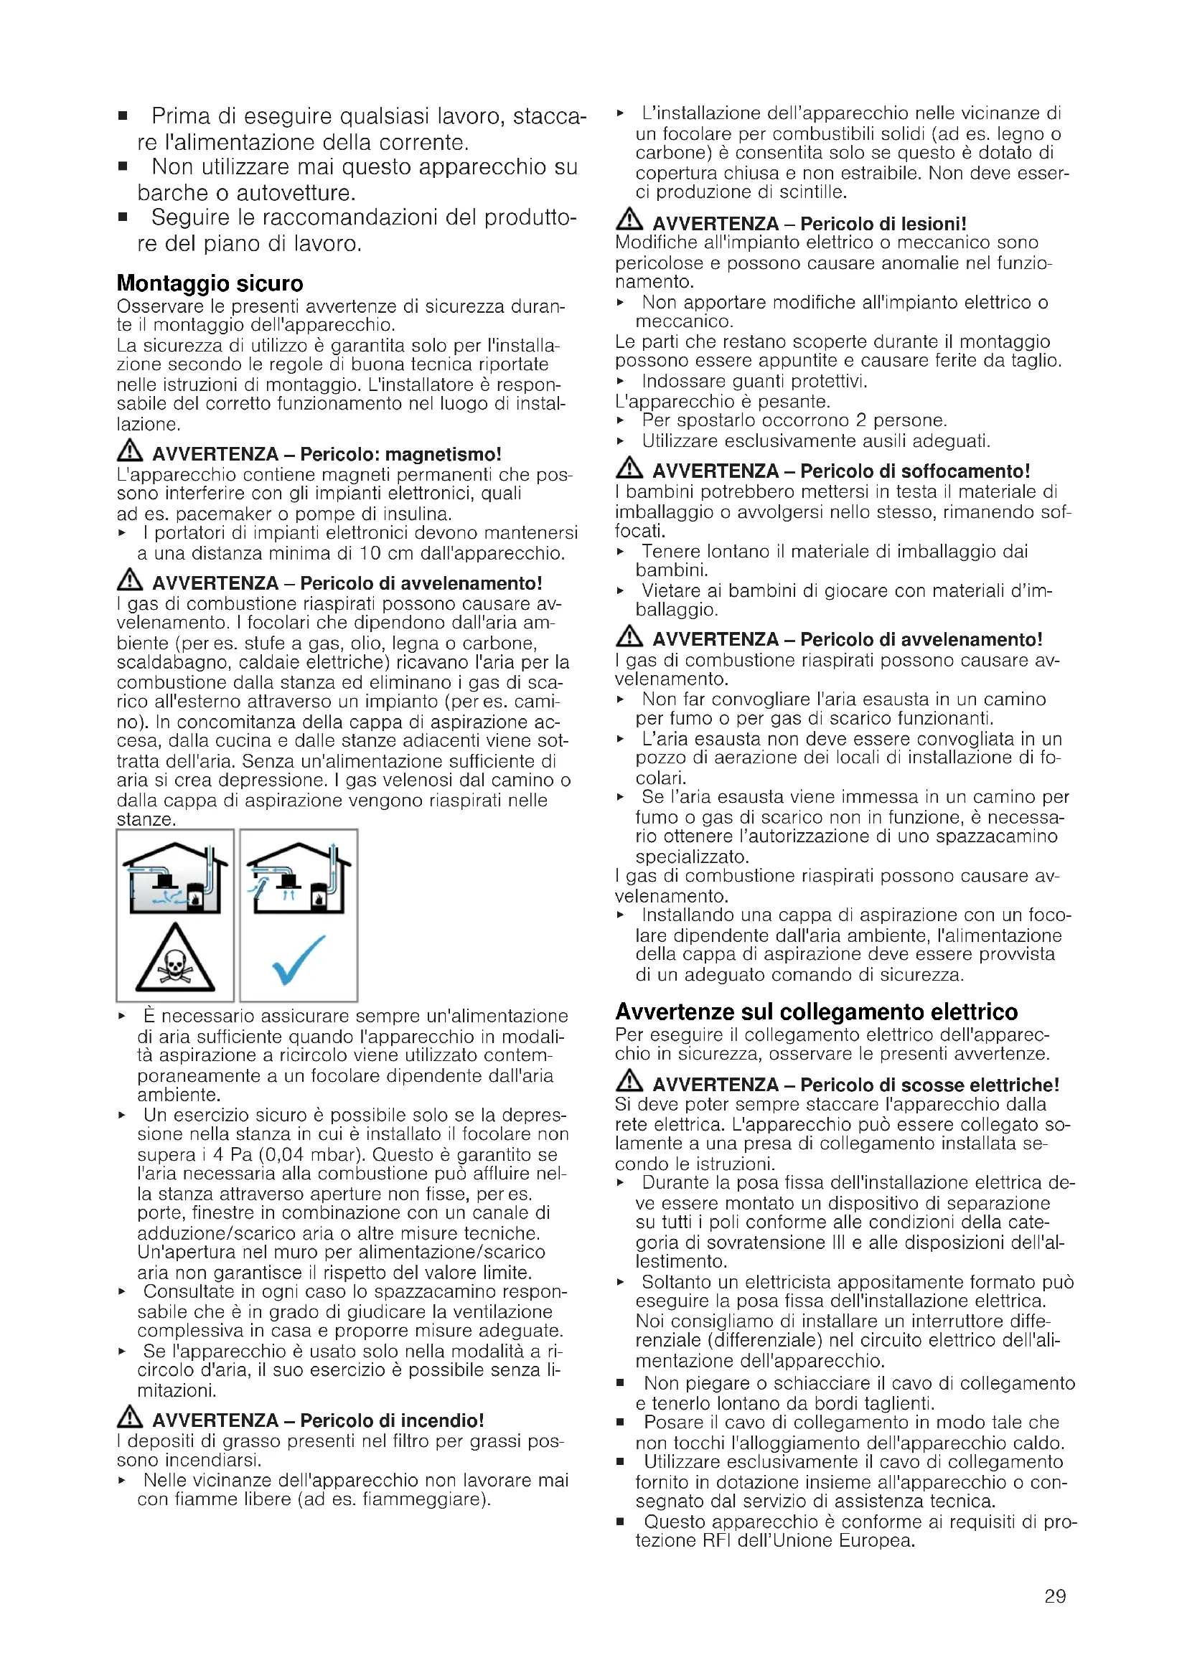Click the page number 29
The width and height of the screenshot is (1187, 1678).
pyautogui.click(x=1055, y=1596)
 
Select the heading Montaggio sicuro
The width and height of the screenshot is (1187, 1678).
pyautogui.click(x=210, y=283)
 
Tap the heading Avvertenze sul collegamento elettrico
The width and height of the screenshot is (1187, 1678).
pyautogui.click(x=816, y=1012)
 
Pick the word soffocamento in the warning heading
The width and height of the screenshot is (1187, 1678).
pyautogui.click(x=965, y=471)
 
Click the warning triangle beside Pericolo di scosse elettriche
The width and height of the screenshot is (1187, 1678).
pyautogui.click(x=629, y=1081)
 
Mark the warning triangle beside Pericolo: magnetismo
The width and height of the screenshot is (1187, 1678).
pyautogui.click(x=129, y=451)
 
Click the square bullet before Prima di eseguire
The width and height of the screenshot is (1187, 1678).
pyautogui.click(x=123, y=116)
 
